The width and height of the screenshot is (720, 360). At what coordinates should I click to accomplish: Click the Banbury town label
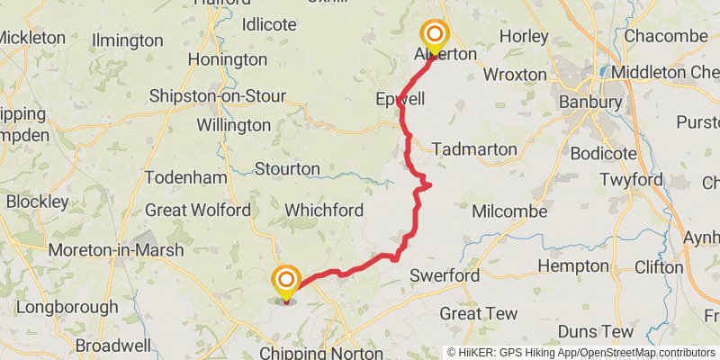(x=589, y=102)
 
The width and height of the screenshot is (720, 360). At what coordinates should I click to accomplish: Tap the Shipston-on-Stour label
(x=217, y=96)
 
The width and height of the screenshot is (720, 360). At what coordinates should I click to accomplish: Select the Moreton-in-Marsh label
(x=117, y=249)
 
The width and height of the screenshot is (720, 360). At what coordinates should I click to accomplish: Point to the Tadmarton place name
(x=474, y=148)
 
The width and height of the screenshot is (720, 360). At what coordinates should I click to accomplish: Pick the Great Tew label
(x=478, y=313)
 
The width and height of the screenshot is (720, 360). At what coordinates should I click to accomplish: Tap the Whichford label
(x=324, y=210)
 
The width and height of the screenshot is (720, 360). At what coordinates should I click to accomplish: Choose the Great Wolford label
(x=198, y=210)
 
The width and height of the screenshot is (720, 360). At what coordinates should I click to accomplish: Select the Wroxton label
(x=515, y=74)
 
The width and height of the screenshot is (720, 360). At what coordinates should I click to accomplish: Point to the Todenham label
(x=186, y=177)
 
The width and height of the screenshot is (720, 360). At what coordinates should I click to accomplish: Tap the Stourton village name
(x=287, y=168)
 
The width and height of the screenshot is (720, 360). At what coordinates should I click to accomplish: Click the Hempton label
(x=572, y=265)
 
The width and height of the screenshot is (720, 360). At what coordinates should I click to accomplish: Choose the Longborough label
(x=67, y=307)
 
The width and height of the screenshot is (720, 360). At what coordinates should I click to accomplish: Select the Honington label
(x=227, y=59)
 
